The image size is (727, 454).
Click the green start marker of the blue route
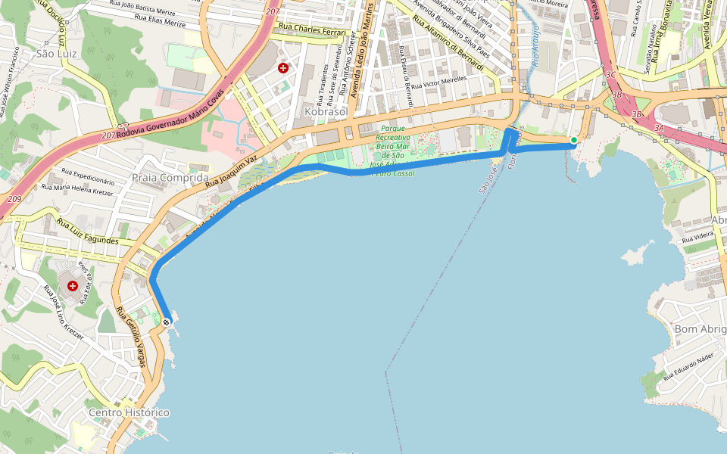(574, 140)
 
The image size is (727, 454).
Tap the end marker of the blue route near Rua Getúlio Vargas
(166, 322)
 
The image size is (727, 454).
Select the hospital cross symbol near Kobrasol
(283, 68)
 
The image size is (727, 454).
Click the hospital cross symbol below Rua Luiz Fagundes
(73, 286)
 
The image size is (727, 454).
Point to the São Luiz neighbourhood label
(55, 54)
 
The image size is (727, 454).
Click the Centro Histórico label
(129, 412)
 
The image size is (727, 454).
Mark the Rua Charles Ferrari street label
(312, 30)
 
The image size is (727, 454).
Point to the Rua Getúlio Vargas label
(132, 337)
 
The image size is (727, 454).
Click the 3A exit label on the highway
(659, 129)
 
